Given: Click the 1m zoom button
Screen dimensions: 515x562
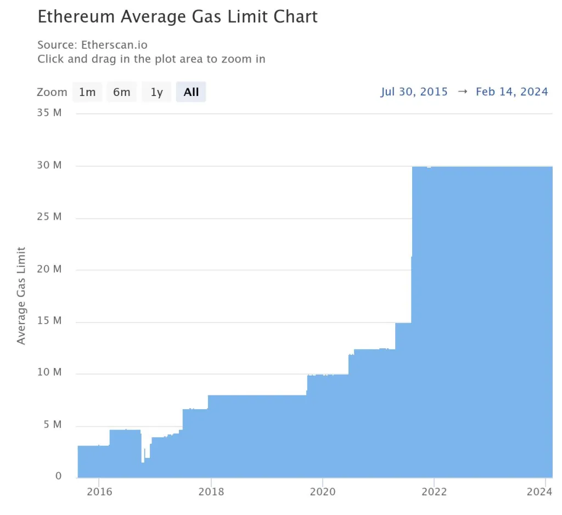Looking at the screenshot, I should click(x=87, y=92).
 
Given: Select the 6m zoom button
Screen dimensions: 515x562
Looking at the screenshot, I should click(x=121, y=92).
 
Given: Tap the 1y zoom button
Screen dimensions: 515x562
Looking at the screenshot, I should click(x=157, y=92).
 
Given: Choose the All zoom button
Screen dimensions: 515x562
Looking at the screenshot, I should click(x=191, y=92).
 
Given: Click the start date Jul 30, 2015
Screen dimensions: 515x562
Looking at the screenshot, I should click(x=414, y=92).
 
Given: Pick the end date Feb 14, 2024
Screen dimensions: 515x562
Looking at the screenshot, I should click(x=512, y=92).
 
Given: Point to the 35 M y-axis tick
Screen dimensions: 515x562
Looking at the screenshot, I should click(x=50, y=113).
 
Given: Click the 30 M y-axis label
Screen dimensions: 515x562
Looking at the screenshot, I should click(x=50, y=165).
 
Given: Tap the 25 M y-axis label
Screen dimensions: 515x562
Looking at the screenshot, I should click(x=50, y=217).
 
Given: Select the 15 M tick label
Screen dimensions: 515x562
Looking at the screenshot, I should click(x=50, y=321).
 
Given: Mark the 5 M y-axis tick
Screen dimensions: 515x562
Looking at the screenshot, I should click(x=53, y=425).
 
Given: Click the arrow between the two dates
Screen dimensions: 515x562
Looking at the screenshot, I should click(x=462, y=92).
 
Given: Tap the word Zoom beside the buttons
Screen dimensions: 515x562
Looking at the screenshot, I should click(x=52, y=92).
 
